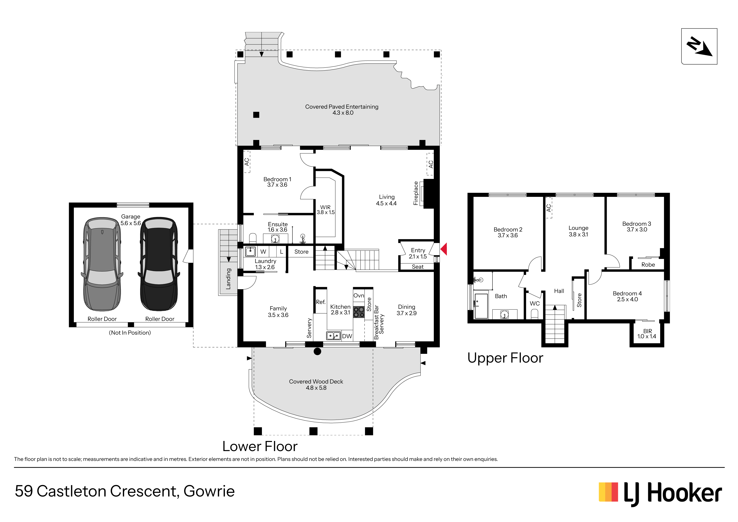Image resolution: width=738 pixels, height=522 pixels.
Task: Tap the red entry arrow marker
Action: point(443,249)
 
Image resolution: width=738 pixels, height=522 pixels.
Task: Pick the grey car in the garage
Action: point(102,264)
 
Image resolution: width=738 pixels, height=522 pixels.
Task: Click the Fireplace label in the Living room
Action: point(416,193)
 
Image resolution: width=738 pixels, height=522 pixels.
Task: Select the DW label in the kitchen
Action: point(347,336)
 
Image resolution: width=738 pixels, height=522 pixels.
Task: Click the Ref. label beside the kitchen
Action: point(321,302)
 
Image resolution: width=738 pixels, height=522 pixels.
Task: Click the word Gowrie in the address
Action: point(209,491)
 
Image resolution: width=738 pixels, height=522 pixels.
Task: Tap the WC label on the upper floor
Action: point(535,303)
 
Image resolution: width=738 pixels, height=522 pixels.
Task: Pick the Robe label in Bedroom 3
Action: point(648,265)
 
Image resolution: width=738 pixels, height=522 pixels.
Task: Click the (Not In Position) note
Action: point(130,333)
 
